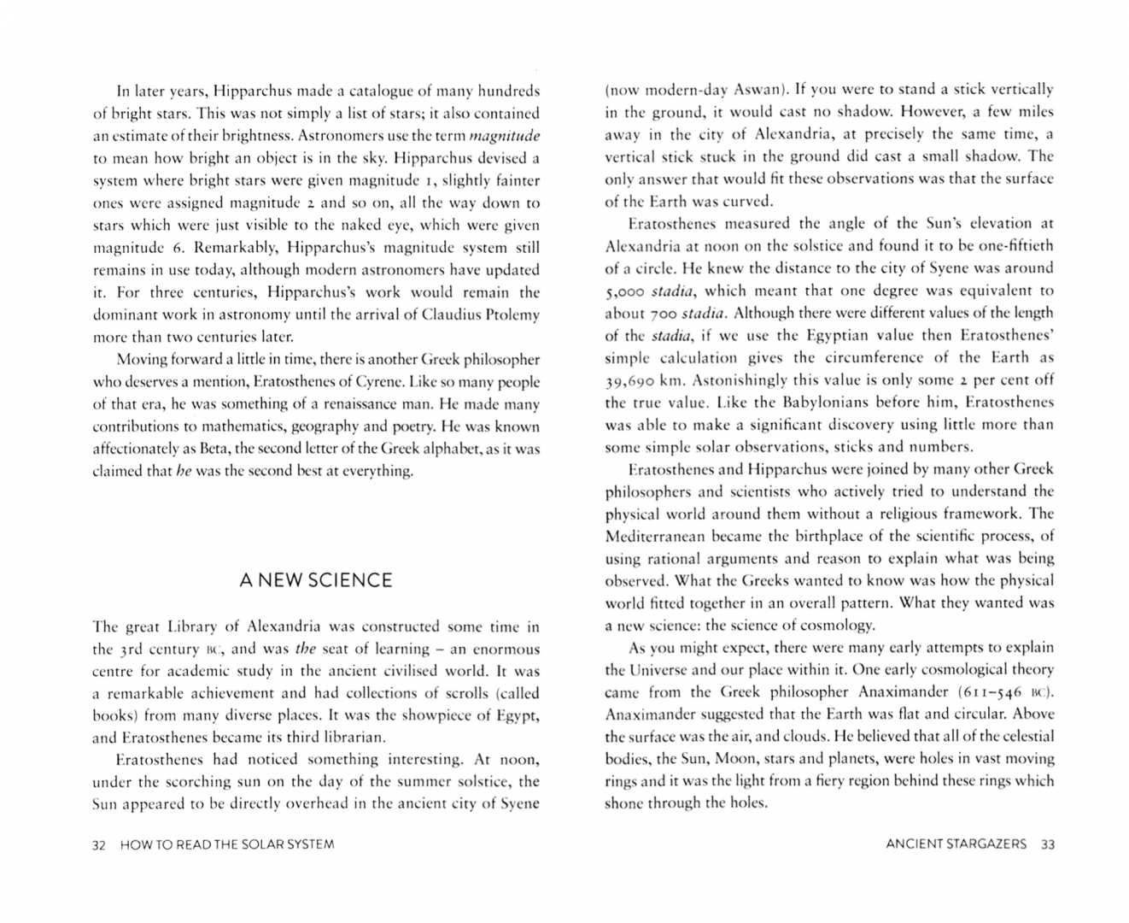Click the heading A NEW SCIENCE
[x=316, y=581]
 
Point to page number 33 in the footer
[x=1048, y=844]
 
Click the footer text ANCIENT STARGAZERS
[x=956, y=844]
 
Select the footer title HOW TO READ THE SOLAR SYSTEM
[x=227, y=844]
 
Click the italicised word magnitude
[x=505, y=136]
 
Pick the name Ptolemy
[x=512, y=315]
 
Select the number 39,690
[x=632, y=380]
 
